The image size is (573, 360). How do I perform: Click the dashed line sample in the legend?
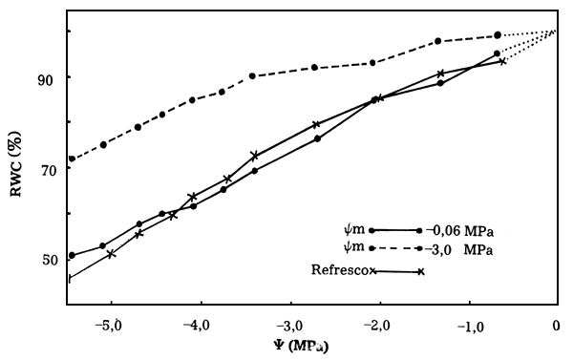coord(394,247)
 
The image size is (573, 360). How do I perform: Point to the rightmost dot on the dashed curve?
coord(498,35)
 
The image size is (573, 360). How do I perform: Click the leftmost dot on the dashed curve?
coord(72,159)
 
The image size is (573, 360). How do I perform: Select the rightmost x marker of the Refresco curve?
coord(502,61)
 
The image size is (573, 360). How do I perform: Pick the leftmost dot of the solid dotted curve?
coord(72,256)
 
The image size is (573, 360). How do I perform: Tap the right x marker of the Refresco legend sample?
coord(420,272)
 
